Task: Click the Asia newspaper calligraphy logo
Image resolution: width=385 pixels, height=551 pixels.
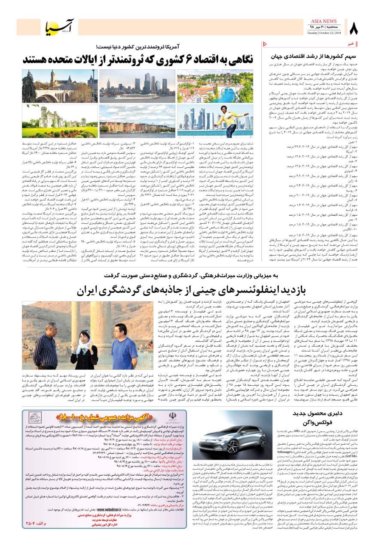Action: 61,28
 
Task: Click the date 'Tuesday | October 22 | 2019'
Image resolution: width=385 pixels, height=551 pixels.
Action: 324,33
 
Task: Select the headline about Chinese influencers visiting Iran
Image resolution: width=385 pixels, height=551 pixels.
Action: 192,291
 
